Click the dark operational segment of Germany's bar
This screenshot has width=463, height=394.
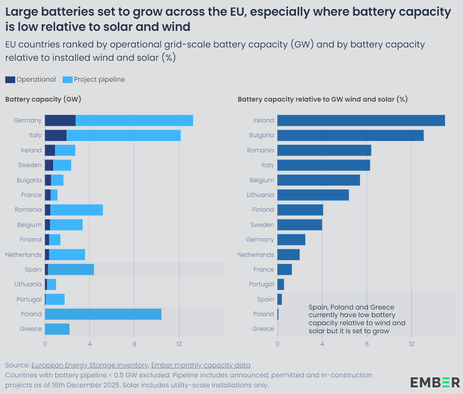coord(60,121)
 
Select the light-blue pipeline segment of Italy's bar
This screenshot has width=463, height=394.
coord(123,135)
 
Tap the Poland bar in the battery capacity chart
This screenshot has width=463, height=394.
coord(103,314)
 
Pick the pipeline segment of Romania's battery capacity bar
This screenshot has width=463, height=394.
coord(76,210)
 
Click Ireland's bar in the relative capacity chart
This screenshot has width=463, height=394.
coord(361,121)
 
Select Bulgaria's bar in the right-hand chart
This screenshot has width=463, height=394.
coord(350,135)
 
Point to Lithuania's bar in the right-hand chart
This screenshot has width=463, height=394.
coord(313,195)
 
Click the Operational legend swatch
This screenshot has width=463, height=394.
coord(10,80)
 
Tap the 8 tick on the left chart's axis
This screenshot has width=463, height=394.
coord(134,344)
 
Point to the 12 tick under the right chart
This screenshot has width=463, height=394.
coord(412,344)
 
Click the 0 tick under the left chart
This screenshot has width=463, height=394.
coord(45,344)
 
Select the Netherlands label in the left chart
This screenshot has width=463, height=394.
coord(24,254)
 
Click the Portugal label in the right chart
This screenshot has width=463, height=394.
coord(262,284)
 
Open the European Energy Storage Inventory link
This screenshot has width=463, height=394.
coord(89,365)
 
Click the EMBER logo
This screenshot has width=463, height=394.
coord(435,382)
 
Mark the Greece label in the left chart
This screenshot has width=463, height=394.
coord(31,329)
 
